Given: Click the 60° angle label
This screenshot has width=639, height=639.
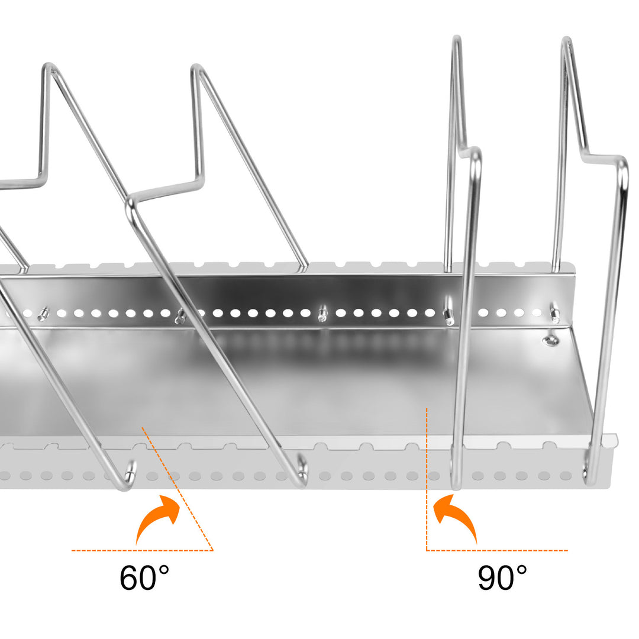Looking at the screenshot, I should point(144,578).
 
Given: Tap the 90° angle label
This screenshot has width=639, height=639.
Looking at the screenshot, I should point(502,578).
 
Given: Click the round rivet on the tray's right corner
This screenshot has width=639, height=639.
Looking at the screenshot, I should point(551,340).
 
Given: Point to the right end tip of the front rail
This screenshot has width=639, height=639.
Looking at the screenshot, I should point(615,441).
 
